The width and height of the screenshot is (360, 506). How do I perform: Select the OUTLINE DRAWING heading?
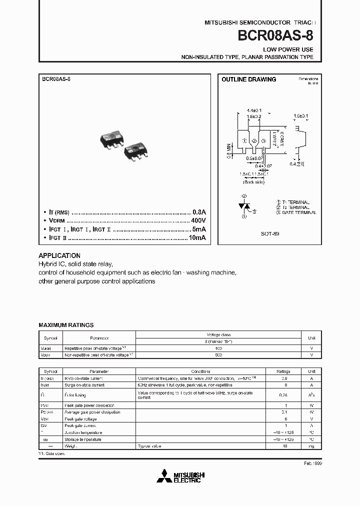[248, 79]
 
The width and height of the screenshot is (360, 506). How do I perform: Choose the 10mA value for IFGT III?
[196, 237]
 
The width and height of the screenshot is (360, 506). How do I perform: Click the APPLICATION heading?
[59, 255]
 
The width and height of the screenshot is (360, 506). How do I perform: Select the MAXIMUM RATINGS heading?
[66, 325]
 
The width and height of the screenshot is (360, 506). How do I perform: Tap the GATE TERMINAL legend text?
[298, 212]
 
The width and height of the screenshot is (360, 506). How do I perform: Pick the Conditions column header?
[204, 372]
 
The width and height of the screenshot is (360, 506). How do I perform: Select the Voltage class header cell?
[218, 334]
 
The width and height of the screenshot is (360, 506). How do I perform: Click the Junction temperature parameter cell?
[83, 432]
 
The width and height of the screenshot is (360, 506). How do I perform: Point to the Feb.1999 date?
[313, 464]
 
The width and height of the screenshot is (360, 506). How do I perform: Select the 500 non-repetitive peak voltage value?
[218, 354]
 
